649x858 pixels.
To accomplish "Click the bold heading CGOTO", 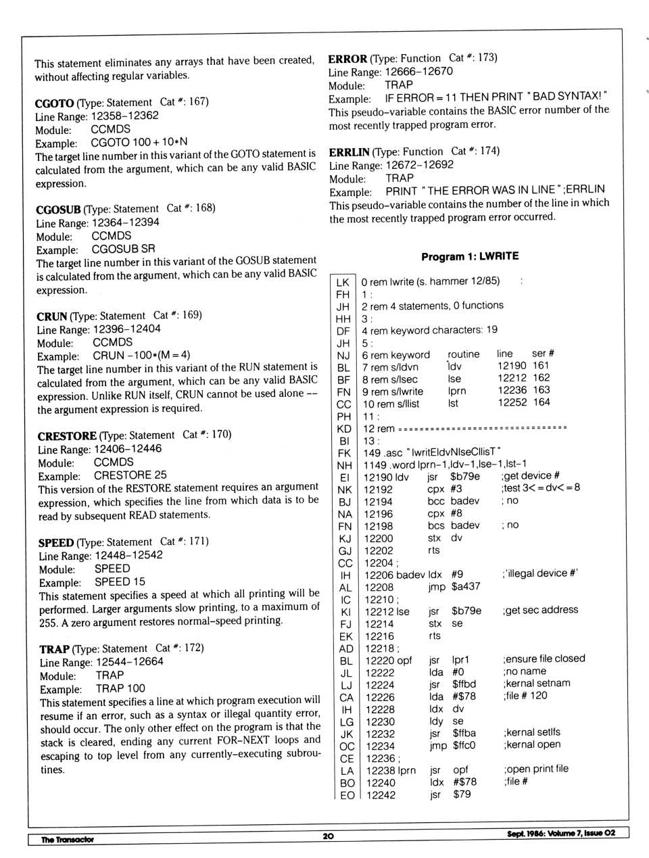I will click(54, 103).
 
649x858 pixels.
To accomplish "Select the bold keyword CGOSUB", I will click(58, 210).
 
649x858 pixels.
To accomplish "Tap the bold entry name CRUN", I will click(51, 316).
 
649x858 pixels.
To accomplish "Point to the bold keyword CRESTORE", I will click(67, 436).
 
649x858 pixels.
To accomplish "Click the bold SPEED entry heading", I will click(56, 543).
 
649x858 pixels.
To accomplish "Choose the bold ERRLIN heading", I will click(349, 152).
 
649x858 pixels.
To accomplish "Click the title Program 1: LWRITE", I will click(470, 256).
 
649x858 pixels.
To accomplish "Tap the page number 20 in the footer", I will click(329, 836).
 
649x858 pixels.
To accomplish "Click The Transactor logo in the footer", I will click(67, 840).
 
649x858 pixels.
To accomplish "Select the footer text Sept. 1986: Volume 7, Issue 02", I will click(560, 833).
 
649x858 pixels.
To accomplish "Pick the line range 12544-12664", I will click(129, 662).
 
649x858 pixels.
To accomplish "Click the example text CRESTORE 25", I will click(130, 475).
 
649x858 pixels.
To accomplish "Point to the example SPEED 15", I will click(120, 581).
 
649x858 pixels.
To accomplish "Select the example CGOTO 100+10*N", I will click(139, 143).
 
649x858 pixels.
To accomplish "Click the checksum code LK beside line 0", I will click(343, 282).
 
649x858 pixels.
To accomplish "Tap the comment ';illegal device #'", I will click(539, 573).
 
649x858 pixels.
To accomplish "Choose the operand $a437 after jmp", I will click(466, 586).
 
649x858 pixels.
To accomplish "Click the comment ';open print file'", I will click(535, 769).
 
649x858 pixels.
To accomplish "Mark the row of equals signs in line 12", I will click(482, 428).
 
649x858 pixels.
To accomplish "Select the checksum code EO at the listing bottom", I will click(347, 795).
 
